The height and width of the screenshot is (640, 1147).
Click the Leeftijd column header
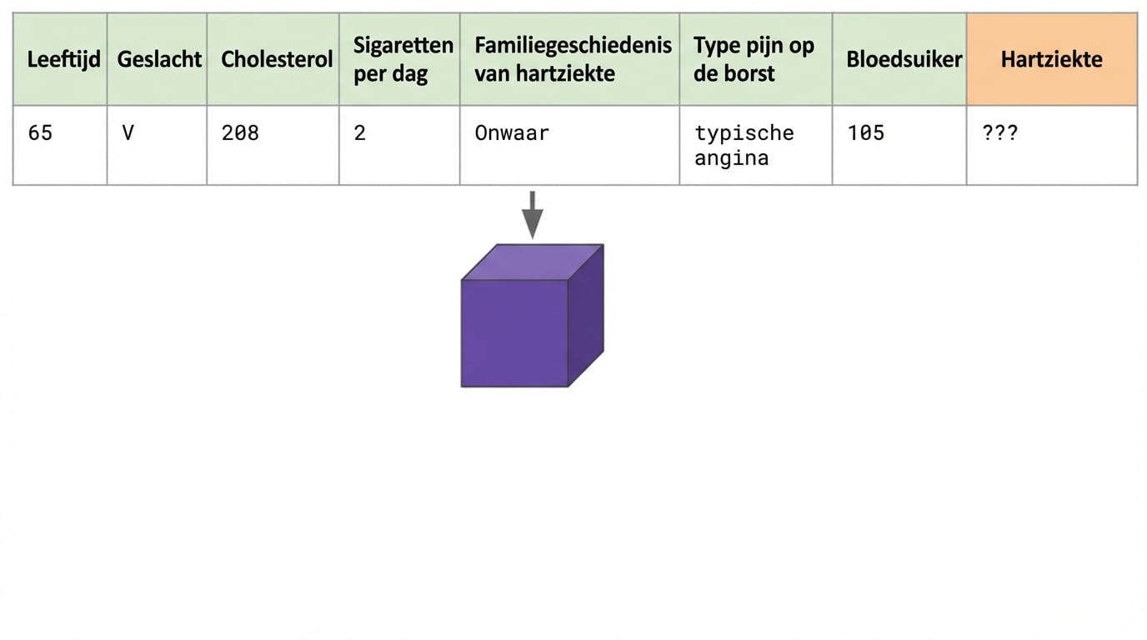coord(63,59)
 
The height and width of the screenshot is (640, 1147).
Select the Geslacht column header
coord(159,59)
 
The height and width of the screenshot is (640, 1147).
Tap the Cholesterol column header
coord(276,59)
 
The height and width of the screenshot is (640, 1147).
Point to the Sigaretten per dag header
coord(403,59)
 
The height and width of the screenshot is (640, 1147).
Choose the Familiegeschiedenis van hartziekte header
coord(573,59)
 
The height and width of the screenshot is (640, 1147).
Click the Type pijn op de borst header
coord(753,59)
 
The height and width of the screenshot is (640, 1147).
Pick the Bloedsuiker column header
coord(904,59)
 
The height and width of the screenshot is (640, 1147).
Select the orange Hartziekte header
coord(1051,59)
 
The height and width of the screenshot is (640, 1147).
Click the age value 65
coord(40,133)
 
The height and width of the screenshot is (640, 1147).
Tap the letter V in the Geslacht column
coord(128,133)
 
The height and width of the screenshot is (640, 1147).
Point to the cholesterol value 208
coord(240,133)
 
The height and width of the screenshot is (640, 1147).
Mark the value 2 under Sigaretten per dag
coord(359,133)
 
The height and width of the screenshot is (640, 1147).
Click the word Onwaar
coord(512,133)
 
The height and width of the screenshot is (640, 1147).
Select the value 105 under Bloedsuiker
coord(865,133)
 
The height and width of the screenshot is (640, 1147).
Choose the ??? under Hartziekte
coord(999,133)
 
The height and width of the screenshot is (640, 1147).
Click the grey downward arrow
coord(532,214)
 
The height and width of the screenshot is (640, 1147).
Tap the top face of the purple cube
coord(532,262)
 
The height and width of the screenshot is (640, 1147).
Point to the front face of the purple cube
coord(514,333)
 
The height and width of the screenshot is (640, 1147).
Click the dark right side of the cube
coord(586,317)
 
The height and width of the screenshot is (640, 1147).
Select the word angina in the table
coord(731,158)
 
